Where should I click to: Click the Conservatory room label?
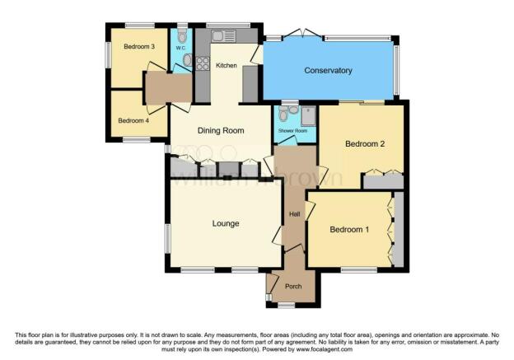coord(327,71)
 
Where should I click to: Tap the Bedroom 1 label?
coord(348,230)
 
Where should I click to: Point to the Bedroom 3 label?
coord(139,47)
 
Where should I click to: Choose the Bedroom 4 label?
coord(133,120)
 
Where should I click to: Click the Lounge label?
coord(225,223)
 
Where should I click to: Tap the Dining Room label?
coord(221,131)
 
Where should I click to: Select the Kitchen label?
coord(227,65)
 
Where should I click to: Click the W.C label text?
coord(180,48)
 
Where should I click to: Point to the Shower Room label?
coord(292,131)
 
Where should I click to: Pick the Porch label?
coord(292,287)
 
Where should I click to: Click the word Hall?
coord(294,215)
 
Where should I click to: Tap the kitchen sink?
coord(223,36)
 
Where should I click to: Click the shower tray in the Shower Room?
coord(308,115)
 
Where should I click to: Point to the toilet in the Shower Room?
coord(284,112)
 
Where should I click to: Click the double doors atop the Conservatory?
coord(304,35)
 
